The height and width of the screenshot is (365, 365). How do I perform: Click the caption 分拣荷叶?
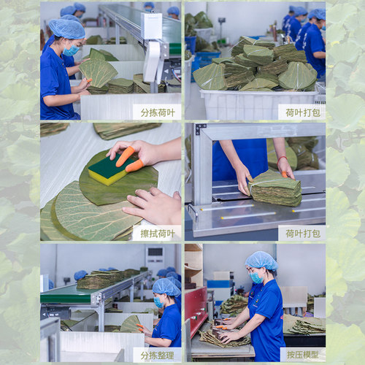(x=158, y=112)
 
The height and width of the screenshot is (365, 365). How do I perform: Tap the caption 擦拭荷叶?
(x=158, y=234)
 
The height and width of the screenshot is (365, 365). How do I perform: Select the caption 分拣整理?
(x=157, y=356)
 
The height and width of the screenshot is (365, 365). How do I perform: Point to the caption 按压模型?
(x=303, y=355)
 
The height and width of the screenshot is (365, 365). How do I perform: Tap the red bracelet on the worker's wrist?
(x=282, y=160)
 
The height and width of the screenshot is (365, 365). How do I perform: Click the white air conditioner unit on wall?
(x=155, y=258)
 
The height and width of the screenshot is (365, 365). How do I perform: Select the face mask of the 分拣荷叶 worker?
(x=71, y=50)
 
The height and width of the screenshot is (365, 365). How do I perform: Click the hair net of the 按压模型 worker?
(x=261, y=261)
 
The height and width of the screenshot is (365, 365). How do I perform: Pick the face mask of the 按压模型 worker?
(x=256, y=277)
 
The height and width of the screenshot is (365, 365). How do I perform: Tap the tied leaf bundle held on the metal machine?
(x=275, y=188)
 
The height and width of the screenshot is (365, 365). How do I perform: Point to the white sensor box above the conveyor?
(x=151, y=26)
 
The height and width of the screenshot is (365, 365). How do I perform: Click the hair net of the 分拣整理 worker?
(x=166, y=287)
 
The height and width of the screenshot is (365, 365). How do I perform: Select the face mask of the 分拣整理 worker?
(x=158, y=302)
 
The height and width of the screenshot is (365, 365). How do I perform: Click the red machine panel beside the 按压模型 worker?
(x=196, y=312)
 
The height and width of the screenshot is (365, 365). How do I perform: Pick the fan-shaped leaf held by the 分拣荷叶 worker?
(x=99, y=72)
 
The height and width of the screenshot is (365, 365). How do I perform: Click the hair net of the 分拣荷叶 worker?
(x=66, y=28)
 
